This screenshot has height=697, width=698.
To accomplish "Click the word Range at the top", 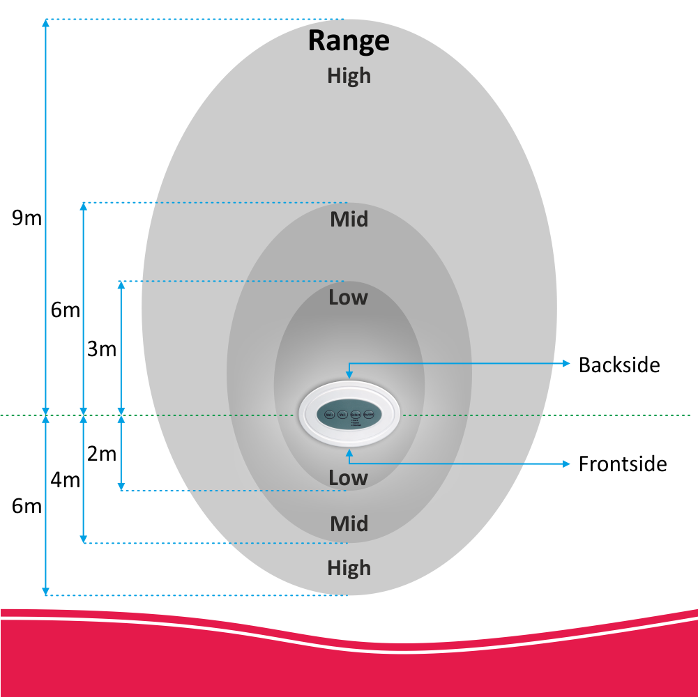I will coord(349,40).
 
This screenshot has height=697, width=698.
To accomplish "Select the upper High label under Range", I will coord(349,75).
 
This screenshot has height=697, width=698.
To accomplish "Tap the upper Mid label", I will coord(349,220).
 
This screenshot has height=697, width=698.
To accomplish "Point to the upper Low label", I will coord(348,298).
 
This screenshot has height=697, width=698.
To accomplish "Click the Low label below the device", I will coord(348,477).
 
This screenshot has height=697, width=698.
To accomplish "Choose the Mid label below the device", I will coord(349,523).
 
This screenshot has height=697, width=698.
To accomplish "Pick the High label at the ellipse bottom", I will coord(349,568).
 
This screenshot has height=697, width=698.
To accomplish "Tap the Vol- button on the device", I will coord(342,415).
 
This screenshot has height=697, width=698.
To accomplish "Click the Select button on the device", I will coord(356,414).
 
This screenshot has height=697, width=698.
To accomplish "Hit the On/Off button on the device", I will coord(370,414).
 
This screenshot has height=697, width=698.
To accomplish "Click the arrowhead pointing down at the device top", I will coord(349,376).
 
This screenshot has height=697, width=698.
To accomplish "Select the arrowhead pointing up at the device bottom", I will coord(349,454).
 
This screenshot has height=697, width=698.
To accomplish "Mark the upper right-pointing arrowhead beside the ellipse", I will coord(566,363).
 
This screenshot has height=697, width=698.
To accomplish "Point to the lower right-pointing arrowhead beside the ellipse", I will coord(566,464).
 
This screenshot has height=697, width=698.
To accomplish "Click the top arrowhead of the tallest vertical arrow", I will coord(46,23).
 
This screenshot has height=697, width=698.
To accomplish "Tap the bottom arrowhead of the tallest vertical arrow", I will coord(46,591).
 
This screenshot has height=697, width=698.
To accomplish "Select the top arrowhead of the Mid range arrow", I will coord(84,206).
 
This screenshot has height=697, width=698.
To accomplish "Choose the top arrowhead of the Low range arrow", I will coord(121,284).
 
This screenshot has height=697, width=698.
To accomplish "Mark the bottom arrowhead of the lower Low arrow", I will coord(121,486).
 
